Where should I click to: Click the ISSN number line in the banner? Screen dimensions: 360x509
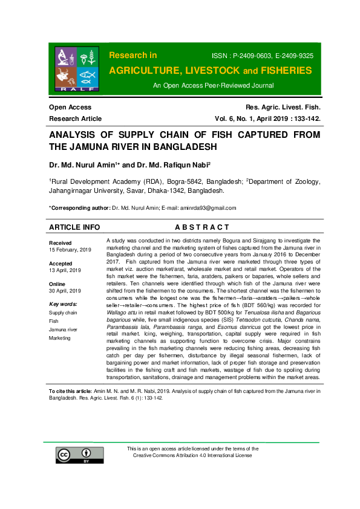point(261,56)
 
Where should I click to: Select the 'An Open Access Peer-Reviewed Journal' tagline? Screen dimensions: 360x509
point(209,86)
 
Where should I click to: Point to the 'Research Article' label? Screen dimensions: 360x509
point(75,118)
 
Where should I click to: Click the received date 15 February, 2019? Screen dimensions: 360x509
point(70,250)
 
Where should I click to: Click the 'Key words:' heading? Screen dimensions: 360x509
point(63,304)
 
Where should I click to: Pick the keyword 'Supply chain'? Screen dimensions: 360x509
point(63,313)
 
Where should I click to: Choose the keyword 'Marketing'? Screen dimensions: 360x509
point(60,338)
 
